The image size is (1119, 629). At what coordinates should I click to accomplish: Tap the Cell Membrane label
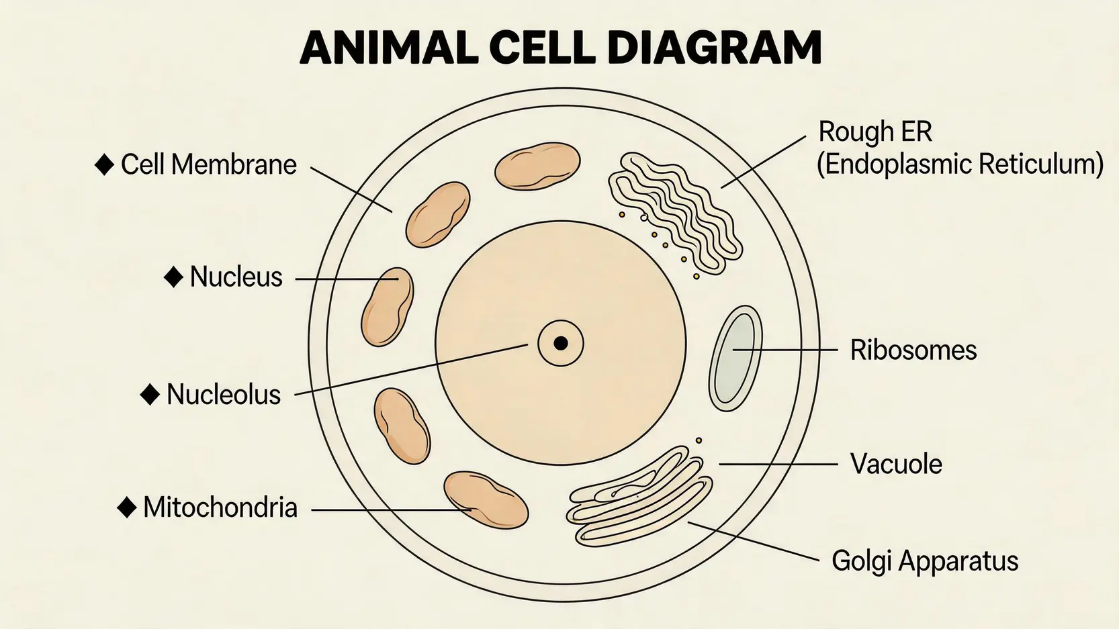[208, 164]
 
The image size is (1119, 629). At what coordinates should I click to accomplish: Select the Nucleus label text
[236, 277]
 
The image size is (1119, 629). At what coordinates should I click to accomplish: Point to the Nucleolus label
[223, 395]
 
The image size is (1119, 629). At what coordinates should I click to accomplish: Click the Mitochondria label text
[220, 507]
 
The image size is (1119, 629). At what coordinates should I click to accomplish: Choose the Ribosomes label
[913, 350]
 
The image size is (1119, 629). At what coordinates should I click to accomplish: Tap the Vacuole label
[895, 464]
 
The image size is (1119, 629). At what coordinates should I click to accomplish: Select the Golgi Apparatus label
[924, 561]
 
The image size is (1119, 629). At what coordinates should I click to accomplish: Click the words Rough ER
[875, 132]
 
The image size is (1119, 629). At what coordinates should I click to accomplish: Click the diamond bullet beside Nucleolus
[150, 395]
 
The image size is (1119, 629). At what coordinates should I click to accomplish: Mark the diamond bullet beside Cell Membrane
[104, 164]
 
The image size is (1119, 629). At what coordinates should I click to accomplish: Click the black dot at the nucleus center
[560, 344]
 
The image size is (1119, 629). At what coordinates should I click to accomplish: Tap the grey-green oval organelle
[735, 358]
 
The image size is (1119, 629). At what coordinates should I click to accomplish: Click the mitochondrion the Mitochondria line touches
[486, 499]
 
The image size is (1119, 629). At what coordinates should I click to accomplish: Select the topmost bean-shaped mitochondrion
[537, 166]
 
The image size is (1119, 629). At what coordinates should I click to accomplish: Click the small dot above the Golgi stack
[699, 441]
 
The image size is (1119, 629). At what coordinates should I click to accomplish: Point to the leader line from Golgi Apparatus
[752, 540]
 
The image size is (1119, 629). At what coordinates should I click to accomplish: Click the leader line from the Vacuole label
[779, 464]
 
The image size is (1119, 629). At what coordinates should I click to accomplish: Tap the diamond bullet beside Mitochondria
[127, 507]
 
